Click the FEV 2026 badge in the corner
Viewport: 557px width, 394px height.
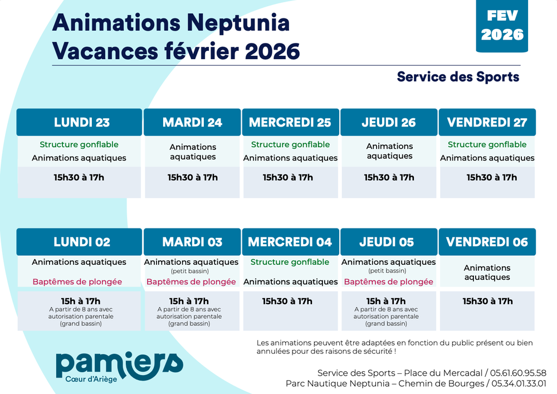pos(502,26)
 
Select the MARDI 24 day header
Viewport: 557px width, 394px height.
pos(192,123)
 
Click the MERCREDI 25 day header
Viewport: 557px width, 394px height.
pos(290,123)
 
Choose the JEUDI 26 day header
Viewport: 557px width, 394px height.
pos(389,123)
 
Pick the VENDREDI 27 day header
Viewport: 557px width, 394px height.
pos(487,123)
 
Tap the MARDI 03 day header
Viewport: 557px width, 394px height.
pos(192,242)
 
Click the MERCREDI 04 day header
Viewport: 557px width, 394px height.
pos(290,242)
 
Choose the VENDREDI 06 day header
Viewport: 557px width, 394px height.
pos(487,242)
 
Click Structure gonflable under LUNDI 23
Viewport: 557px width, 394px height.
pos(79,144)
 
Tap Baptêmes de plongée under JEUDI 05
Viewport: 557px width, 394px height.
pos(388,282)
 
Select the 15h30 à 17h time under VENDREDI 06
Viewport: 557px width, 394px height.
pos(487,301)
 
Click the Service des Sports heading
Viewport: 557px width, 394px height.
pos(458,77)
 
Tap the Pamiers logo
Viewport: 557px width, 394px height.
pos(119,366)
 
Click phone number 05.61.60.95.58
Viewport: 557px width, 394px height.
pos(519,373)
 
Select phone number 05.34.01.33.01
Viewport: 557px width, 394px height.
pos(519,383)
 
